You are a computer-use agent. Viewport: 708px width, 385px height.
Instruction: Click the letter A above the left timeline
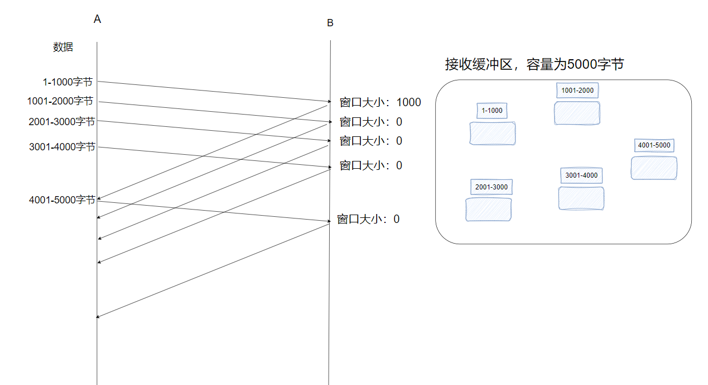tap(98, 20)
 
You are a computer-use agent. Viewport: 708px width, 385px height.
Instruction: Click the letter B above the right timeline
tap(330, 23)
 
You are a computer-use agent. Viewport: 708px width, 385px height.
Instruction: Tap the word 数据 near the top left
tap(63, 47)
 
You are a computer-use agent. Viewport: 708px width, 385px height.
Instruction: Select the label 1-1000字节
tap(68, 82)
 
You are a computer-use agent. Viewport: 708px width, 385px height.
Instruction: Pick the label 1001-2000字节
tap(60, 101)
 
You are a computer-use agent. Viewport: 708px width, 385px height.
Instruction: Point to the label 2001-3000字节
tap(62, 121)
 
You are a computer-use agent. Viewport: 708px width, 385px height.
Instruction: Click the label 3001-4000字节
tap(62, 147)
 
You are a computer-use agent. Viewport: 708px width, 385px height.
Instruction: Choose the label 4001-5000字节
tap(62, 199)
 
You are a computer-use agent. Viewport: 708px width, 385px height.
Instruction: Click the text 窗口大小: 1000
tap(380, 102)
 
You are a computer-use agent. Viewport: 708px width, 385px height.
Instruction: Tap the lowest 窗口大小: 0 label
tap(368, 219)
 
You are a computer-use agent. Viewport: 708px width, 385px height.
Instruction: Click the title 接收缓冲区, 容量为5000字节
tap(534, 64)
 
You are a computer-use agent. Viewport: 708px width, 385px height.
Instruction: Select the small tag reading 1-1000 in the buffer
tap(492, 111)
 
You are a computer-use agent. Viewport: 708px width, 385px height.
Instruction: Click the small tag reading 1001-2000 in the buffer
tap(577, 91)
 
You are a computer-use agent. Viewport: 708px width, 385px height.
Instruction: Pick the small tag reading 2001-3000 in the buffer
tap(492, 187)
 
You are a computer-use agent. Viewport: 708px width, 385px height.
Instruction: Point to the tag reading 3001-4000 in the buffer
tap(581, 175)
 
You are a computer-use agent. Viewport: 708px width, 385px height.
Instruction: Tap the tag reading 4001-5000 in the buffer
tap(654, 146)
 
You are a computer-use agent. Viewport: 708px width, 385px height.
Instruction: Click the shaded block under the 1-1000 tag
tap(492, 134)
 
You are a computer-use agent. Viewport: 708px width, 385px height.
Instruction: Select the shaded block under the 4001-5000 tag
tap(654, 168)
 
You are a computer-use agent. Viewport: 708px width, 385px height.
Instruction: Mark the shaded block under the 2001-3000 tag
tap(489, 210)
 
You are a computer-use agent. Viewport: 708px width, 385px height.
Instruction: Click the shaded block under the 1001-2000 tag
tap(577, 113)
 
